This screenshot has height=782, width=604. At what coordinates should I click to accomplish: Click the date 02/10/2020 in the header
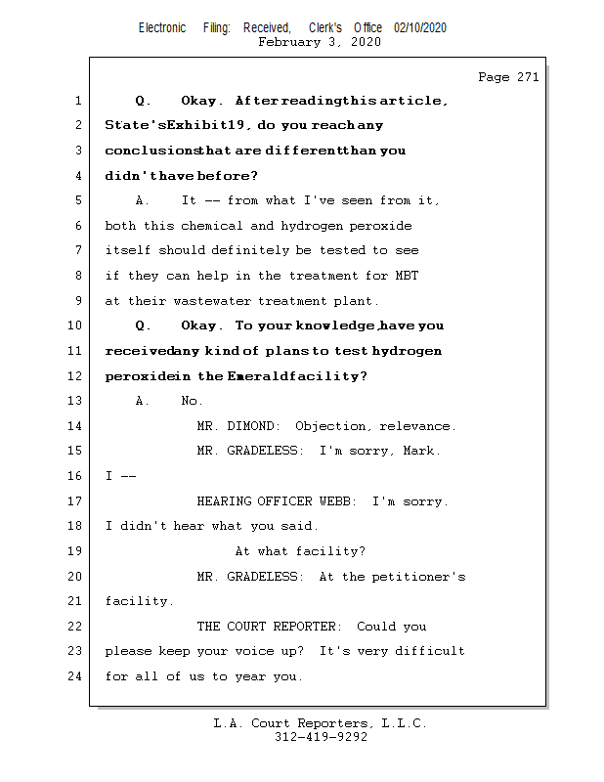420,28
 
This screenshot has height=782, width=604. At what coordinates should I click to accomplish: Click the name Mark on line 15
421,452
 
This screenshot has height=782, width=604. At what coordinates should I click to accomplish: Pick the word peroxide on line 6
379,226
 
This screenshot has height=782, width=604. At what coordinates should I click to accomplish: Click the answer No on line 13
192,401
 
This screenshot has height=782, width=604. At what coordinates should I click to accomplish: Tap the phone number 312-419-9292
321,738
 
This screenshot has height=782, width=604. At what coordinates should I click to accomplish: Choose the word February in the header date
288,42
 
